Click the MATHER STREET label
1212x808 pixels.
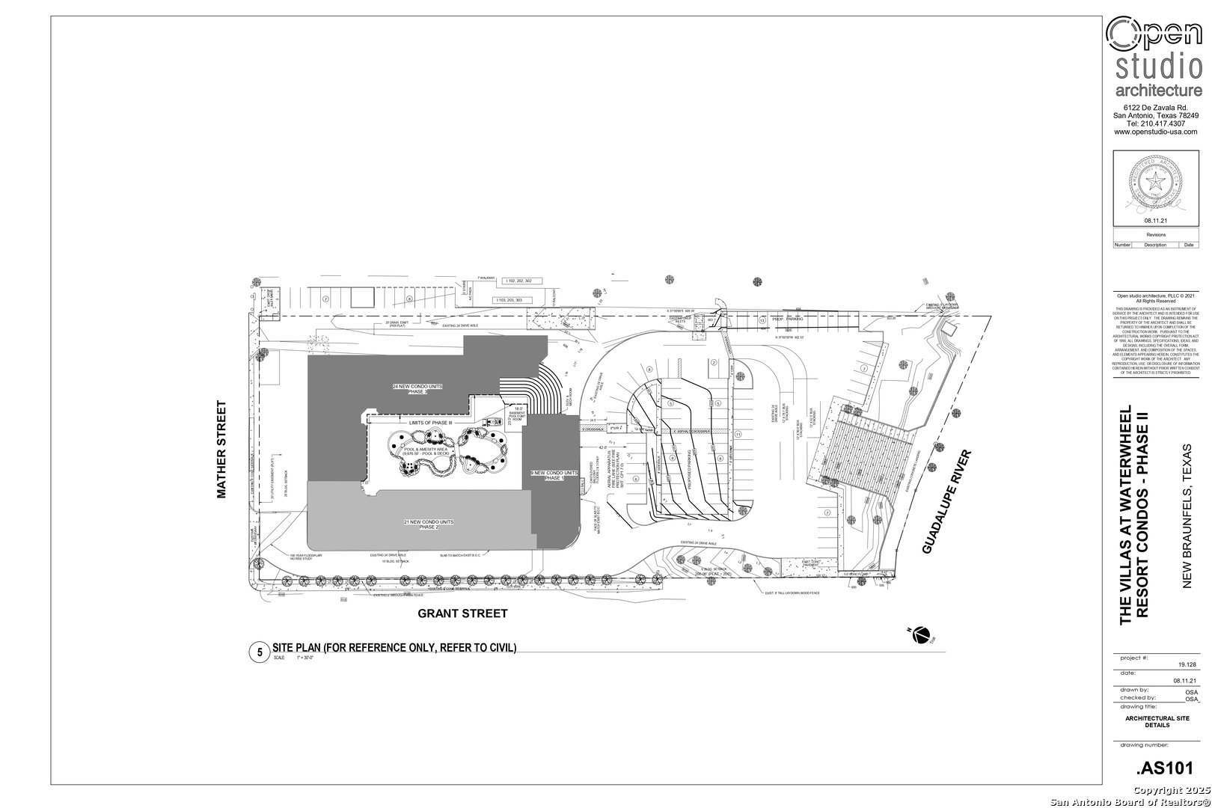click(221, 450)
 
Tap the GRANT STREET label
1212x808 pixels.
click(462, 613)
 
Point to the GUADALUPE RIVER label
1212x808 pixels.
click(946, 503)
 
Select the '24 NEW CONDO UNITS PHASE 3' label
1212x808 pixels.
click(417, 389)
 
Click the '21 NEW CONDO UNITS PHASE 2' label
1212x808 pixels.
click(428, 524)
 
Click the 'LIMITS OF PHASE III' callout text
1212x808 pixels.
click(431, 423)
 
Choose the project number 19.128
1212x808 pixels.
click(1187, 664)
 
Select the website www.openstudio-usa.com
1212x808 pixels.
click(1156, 132)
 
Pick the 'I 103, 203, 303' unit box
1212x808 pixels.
click(509, 300)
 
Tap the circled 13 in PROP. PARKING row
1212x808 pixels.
click(762, 320)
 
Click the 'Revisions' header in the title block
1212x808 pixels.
click(1156, 235)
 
